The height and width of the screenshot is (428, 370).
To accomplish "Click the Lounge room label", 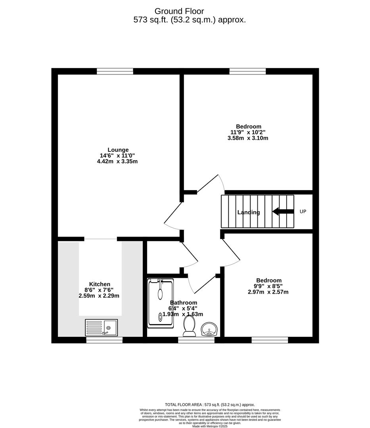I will click(x=118, y=150).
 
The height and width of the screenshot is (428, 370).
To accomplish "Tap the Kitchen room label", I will click(x=100, y=284).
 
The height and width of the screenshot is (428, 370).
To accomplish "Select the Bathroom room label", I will click(x=184, y=303).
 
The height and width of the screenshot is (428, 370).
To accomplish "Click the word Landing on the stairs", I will click(x=249, y=212).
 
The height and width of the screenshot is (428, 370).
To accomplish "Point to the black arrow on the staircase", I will click(x=283, y=212).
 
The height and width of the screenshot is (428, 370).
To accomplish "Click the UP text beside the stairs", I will click(x=303, y=212).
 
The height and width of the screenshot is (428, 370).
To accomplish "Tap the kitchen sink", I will click(x=101, y=327).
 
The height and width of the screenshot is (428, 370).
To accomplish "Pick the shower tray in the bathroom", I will click(x=161, y=303).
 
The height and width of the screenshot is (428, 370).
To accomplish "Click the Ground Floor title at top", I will click(x=179, y=11).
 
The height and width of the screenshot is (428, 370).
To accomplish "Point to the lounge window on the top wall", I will click(x=115, y=71).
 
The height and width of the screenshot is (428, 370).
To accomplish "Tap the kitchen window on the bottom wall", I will click(x=104, y=340).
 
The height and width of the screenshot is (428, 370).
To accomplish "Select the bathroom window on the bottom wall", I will click(x=196, y=340).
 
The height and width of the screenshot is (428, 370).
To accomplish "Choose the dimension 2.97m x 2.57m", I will click(x=268, y=292).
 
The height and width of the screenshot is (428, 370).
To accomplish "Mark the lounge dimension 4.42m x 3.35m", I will click(x=118, y=161).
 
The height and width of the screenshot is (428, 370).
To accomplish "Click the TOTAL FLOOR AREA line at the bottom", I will click(x=210, y=405).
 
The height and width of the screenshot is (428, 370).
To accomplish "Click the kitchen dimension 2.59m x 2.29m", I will click(x=99, y=296).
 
